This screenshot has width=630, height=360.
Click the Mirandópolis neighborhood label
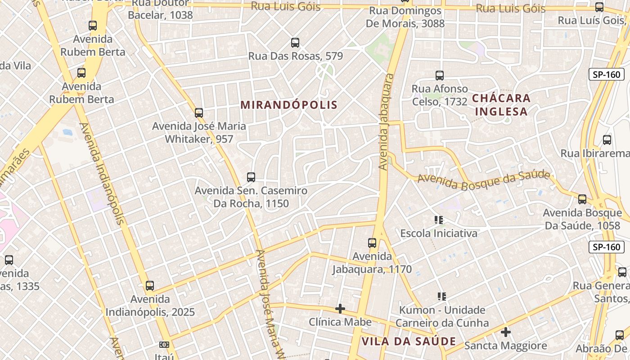(289, 105)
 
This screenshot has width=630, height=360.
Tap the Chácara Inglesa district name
(501, 104)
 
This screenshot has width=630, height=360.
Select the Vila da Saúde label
(409, 341)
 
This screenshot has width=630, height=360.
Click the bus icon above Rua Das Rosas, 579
(295, 43)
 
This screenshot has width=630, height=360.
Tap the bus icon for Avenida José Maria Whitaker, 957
(199, 112)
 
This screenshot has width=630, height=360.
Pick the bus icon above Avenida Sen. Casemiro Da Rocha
(251, 177)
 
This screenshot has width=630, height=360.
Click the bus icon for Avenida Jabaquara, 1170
(372, 243)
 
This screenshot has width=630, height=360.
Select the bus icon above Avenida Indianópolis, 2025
(150, 285)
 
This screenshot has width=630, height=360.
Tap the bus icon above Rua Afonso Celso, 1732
(440, 75)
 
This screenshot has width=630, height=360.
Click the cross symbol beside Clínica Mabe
(340, 309)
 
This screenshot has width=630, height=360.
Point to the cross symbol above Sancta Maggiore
(506, 332)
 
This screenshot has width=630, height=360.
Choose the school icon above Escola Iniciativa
(439, 220)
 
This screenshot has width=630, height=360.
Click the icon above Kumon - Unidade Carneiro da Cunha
(442, 297)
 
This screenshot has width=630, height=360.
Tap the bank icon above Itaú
(164, 345)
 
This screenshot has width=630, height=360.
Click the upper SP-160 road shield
(606, 74)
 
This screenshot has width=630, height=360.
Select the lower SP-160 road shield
(606, 247)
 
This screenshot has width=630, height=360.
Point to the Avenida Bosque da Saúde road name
(484, 180)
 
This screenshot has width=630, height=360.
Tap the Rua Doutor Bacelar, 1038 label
(160, 9)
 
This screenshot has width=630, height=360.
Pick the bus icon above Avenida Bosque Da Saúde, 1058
(582, 199)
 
